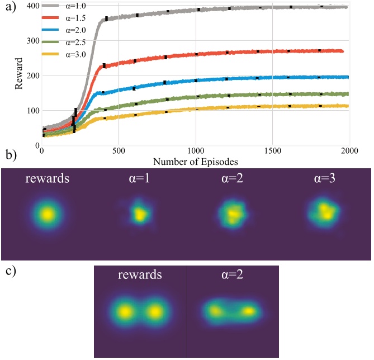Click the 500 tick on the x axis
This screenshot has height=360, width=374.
click(x=119, y=151)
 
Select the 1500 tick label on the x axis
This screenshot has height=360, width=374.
click(x=272, y=151)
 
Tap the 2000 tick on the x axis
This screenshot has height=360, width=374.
click(x=349, y=151)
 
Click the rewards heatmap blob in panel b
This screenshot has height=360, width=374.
click(x=48, y=214)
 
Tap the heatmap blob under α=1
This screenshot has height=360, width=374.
click(x=138, y=213)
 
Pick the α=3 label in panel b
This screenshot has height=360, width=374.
click(x=323, y=179)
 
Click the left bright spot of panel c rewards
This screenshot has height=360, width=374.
click(x=125, y=311)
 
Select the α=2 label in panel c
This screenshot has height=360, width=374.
click(x=233, y=275)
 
